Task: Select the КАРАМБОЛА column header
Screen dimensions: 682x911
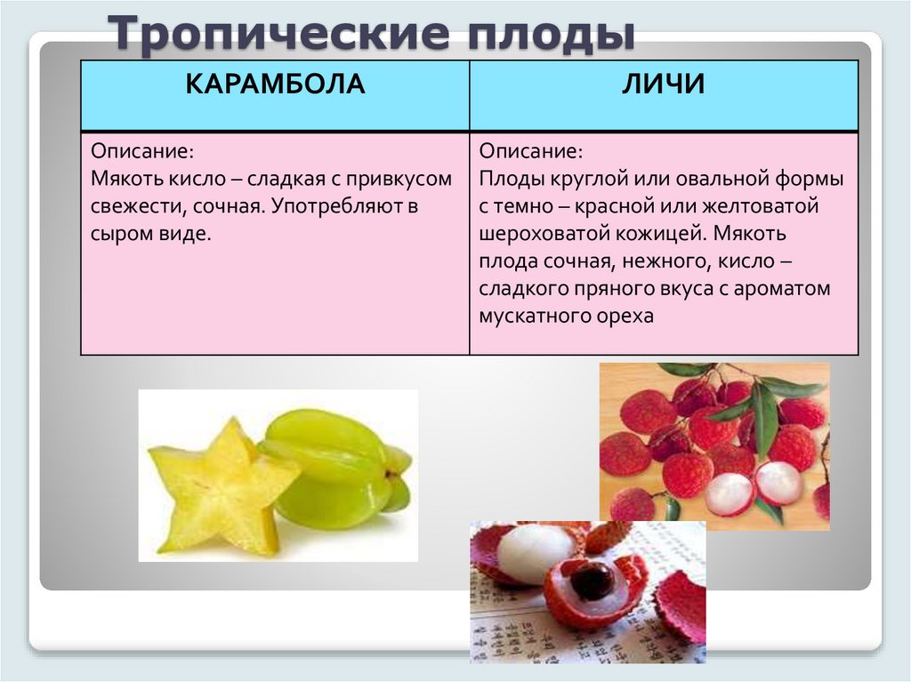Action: point(275,85)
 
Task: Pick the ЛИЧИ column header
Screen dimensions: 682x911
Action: point(663,85)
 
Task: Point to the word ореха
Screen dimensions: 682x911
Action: point(625,317)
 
